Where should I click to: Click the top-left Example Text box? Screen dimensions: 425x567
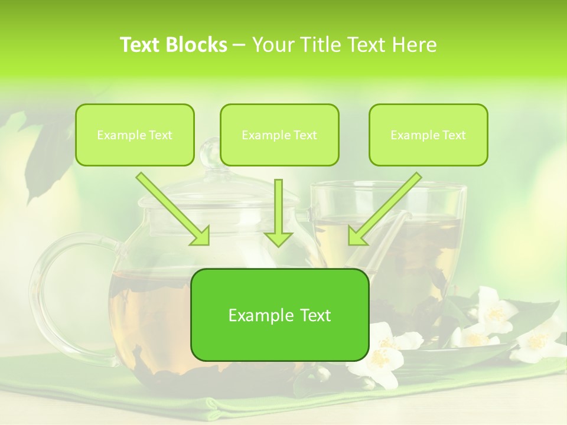pos(135,135)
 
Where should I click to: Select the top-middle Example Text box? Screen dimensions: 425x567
pos(279,135)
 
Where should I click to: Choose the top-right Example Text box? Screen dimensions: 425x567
pos(428,135)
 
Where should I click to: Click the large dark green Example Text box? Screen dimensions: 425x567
pos(279,315)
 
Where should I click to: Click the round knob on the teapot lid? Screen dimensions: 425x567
pos(210,152)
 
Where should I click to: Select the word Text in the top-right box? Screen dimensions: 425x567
pos(454,135)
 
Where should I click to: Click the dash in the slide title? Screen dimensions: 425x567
pos(240,45)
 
